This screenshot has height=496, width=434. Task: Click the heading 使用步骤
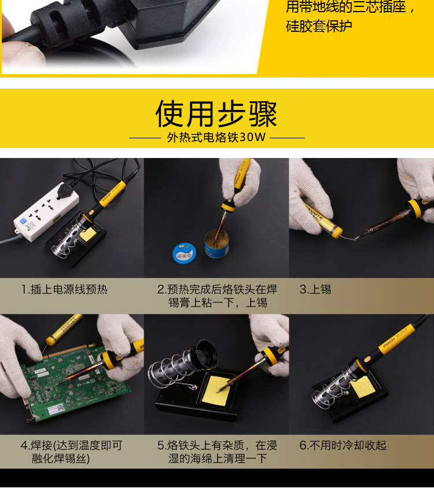[x=216, y=113]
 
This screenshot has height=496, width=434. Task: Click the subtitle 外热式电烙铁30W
[x=216, y=137]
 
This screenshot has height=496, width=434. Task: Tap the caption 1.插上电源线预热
[x=65, y=289]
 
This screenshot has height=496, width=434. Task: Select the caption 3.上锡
[x=315, y=289]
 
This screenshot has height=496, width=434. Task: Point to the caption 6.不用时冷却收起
[x=343, y=445]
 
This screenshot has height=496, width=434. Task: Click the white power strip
[x=46, y=212]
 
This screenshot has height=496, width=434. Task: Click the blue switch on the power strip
[x=23, y=221]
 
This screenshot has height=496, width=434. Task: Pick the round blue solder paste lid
[x=185, y=253]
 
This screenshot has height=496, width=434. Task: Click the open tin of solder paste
[x=216, y=244]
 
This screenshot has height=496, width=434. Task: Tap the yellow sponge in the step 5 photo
[x=219, y=390]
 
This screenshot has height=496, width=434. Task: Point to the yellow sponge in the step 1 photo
[x=89, y=234]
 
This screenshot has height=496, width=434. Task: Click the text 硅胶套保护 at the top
[x=319, y=26]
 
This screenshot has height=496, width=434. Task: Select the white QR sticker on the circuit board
[x=56, y=410]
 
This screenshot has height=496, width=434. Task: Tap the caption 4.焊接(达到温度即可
[x=72, y=445]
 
